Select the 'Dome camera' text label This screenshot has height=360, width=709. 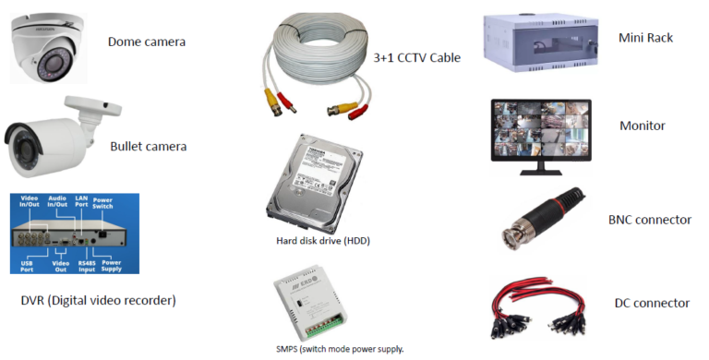click(147, 42)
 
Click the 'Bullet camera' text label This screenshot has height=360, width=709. click(148, 146)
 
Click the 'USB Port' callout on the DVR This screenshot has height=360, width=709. click(28, 265)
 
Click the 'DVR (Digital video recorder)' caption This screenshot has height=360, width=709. click(98, 300)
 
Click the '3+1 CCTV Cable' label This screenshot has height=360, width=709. click(416, 58)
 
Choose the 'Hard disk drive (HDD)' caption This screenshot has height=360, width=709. click(317, 241)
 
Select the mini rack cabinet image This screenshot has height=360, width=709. click(535, 42)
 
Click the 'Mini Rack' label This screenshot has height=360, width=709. click(645, 38)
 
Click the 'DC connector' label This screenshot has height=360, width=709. click(652, 304)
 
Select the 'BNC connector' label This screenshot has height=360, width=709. click(650, 220)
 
